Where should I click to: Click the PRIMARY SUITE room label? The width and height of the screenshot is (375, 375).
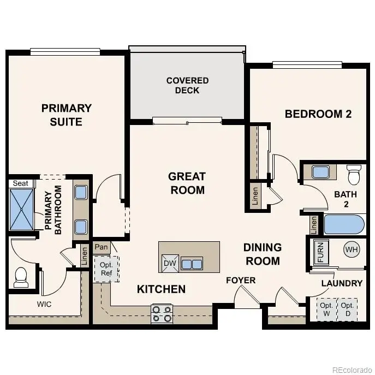(66, 115)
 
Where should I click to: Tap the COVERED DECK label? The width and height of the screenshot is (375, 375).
(187, 85)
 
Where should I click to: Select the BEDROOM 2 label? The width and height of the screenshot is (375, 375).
(318, 114)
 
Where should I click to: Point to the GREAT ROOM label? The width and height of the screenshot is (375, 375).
(187, 183)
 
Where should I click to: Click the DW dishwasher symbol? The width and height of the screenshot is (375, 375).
(169, 264)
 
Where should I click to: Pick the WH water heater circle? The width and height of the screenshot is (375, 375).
(351, 249)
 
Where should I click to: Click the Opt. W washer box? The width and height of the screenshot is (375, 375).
(326, 309)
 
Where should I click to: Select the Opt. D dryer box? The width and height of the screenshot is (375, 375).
(347, 309)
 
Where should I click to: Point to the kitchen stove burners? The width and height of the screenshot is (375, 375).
(162, 313)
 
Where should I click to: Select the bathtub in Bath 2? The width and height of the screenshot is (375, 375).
(343, 224)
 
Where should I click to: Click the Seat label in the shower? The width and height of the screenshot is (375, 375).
(20, 183)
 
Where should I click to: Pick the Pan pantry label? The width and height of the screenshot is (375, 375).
(101, 247)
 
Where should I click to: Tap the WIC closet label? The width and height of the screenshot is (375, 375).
(44, 304)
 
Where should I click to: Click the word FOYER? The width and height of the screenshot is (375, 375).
(241, 281)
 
